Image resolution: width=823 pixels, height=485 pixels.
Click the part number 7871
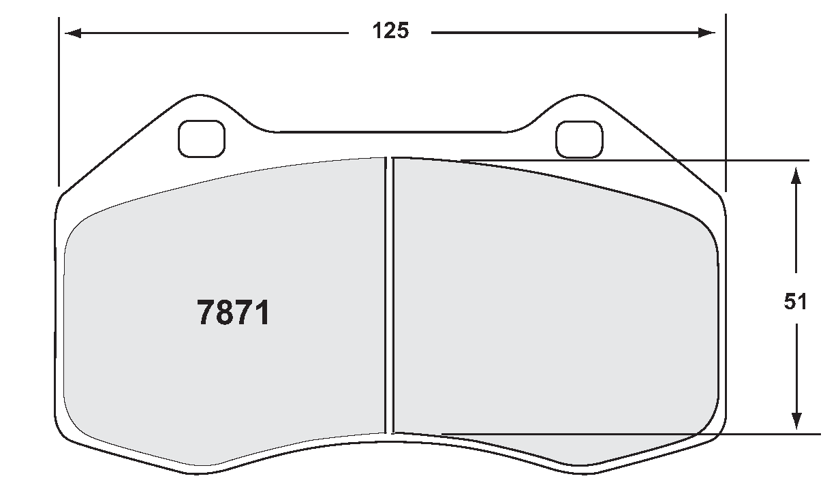click(233, 313)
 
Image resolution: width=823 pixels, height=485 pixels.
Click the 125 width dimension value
click(390, 31)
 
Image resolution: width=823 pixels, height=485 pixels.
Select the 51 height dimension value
click(795, 302)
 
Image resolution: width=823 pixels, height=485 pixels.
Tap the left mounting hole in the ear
click(201, 138)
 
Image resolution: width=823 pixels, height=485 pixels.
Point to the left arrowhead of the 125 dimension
click(72, 33)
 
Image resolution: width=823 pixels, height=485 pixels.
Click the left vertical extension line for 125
click(59, 102)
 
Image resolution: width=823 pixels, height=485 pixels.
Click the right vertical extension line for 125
click(725, 102)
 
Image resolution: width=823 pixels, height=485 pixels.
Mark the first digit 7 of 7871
click(206, 313)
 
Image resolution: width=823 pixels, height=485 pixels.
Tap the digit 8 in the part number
click(224, 313)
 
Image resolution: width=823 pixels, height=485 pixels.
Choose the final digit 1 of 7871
click(262, 313)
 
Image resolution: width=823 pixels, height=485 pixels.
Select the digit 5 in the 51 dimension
click(790, 302)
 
